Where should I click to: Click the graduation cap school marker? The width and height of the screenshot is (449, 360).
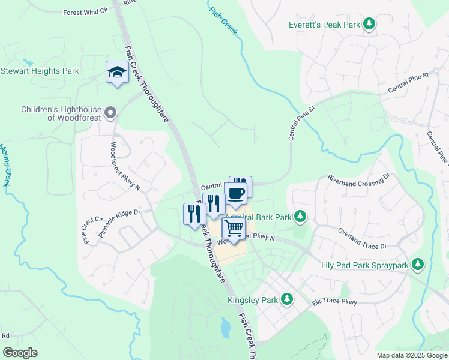point(116,73)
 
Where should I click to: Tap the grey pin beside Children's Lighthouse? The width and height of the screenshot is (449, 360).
point(110,113)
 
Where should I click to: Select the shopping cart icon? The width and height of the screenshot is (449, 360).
point(233,228)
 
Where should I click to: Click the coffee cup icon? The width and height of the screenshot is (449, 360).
point(235,193)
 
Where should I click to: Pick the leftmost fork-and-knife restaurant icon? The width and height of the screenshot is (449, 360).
point(194,214)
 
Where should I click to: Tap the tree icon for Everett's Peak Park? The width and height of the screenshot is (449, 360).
point(370,25)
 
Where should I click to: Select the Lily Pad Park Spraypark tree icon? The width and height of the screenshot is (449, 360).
point(418,264)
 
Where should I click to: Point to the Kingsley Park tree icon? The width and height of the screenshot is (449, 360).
point(287,299)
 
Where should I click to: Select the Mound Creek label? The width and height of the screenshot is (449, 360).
point(4,164)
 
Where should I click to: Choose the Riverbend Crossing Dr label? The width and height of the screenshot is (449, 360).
point(358,178)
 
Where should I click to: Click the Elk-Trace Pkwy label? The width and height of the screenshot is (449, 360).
point(334,302)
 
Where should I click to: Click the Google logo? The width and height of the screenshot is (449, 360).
point(20,353)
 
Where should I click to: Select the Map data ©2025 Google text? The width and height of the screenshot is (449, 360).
point(411,355)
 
